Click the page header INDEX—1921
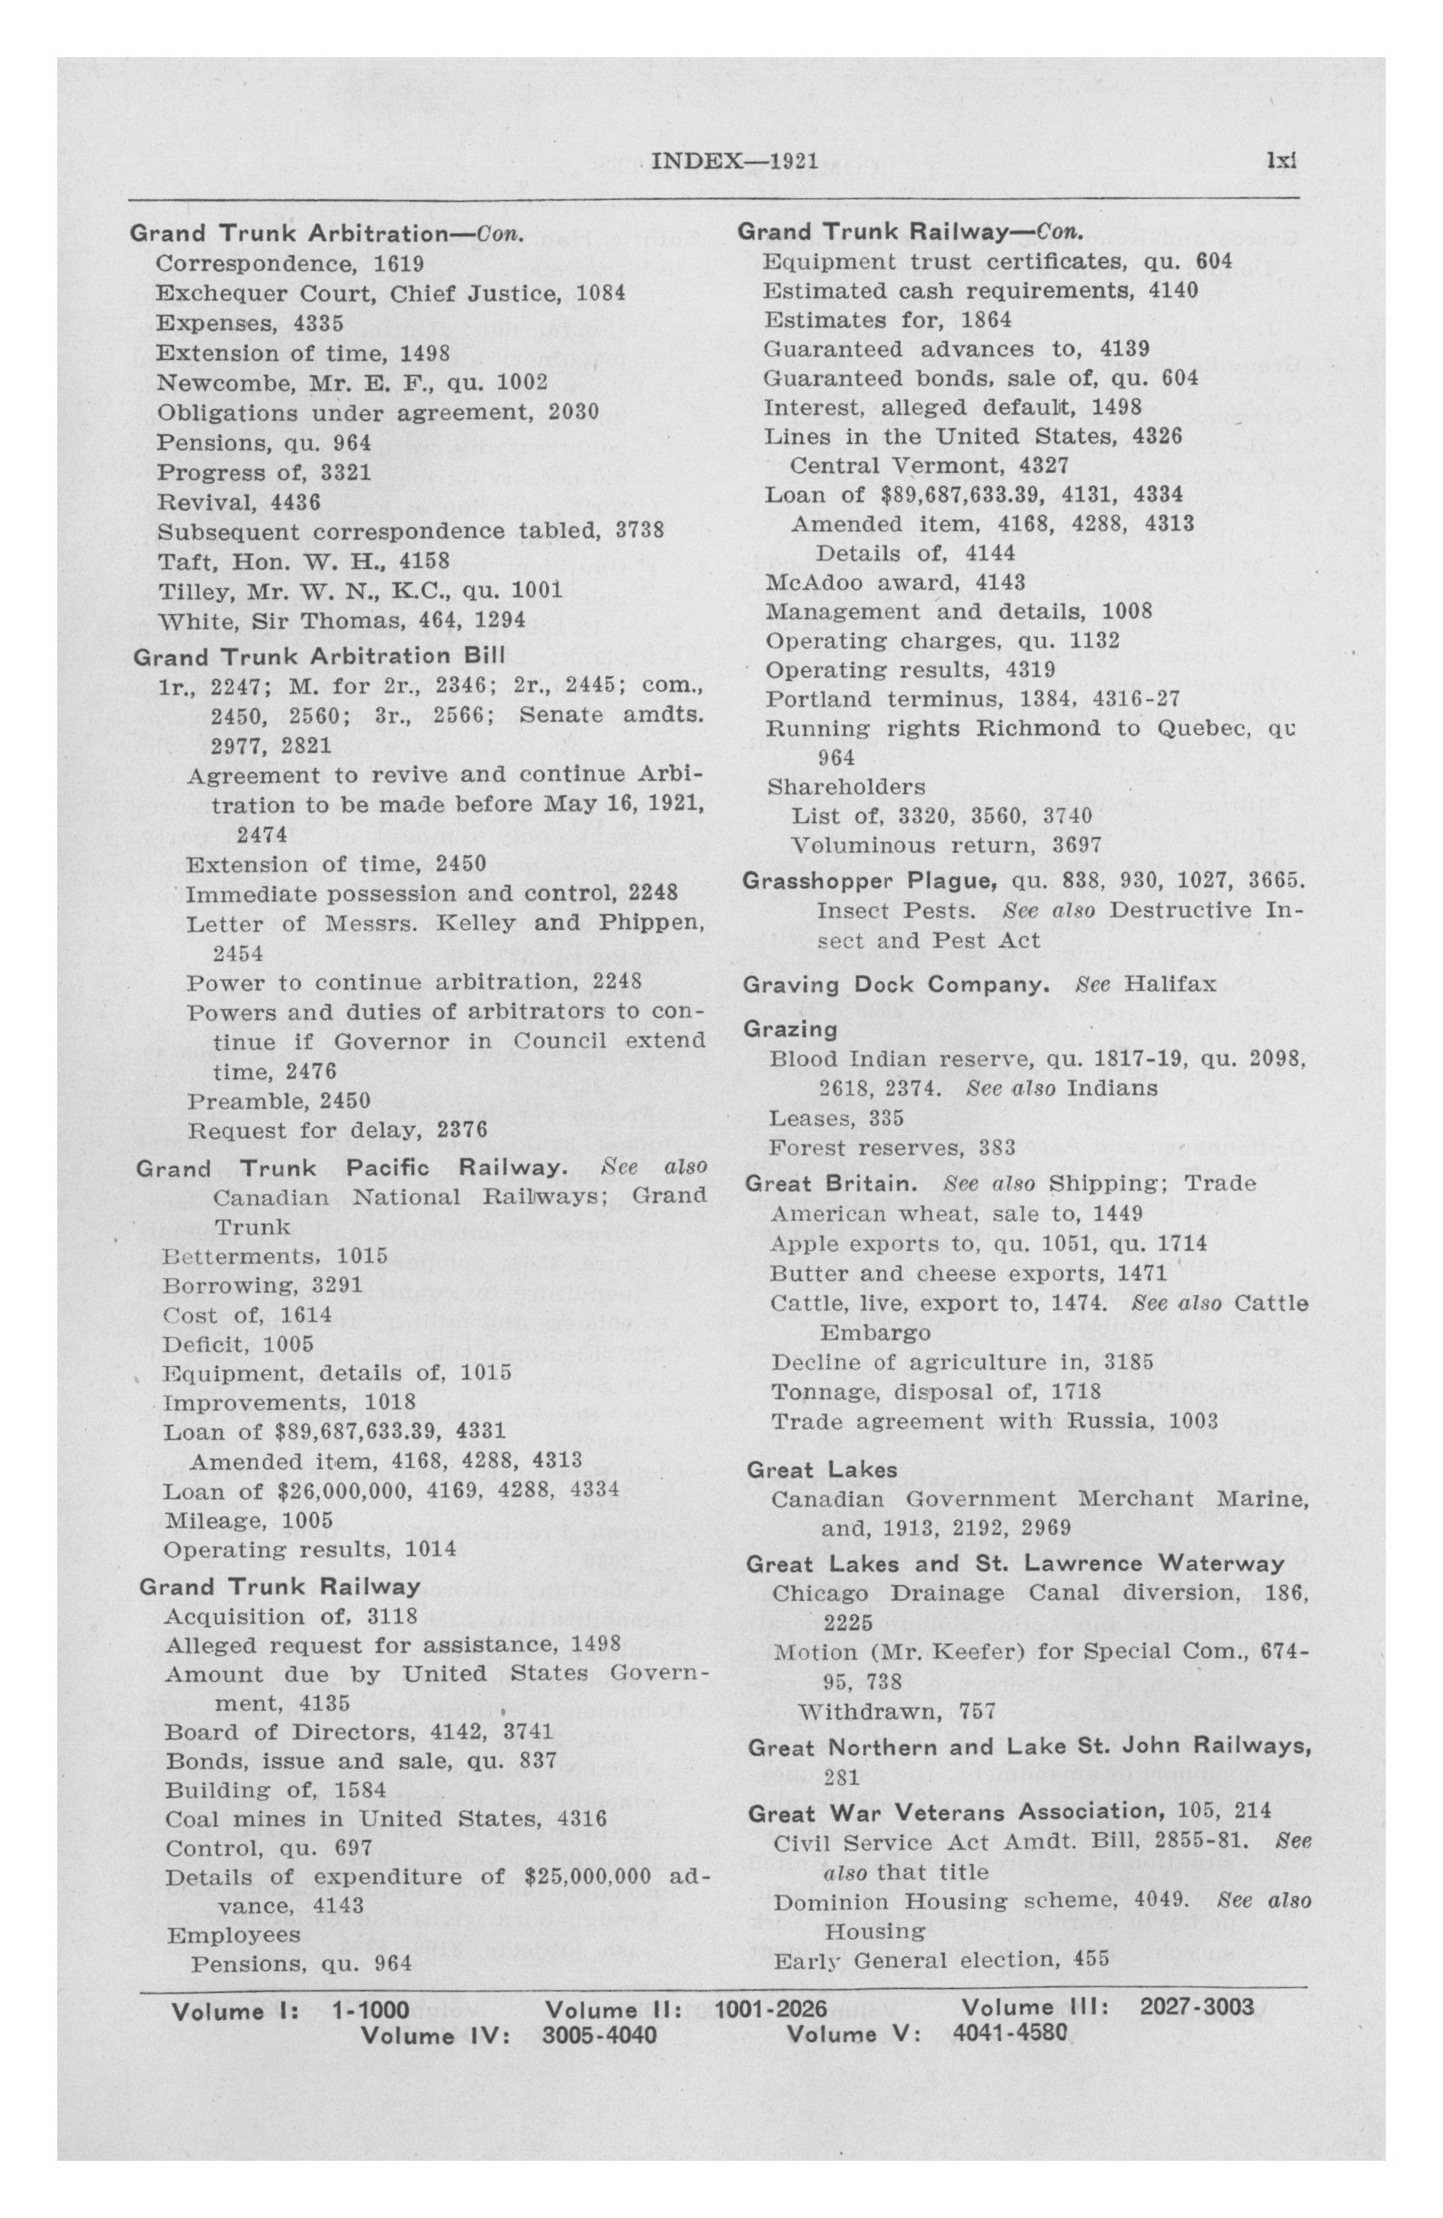coord(734,161)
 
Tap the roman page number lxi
coord(1282,161)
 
